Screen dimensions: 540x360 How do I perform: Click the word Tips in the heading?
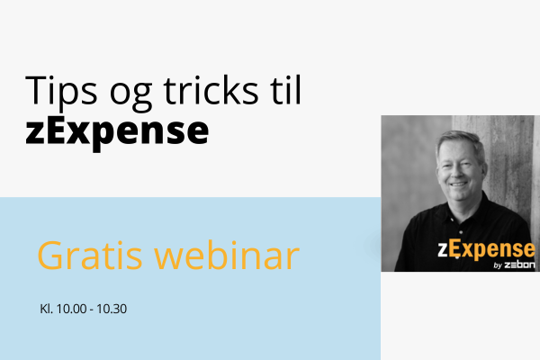pyautogui.click(x=61, y=91)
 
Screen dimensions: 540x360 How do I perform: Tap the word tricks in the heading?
pyautogui.click(x=211, y=90)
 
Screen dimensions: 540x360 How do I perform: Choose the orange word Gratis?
pyautogui.click(x=89, y=256)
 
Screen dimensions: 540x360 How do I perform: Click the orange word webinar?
pyautogui.click(x=227, y=255)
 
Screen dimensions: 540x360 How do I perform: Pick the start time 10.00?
pyautogui.click(x=72, y=309)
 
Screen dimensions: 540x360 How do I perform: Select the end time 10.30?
pyautogui.click(x=112, y=309)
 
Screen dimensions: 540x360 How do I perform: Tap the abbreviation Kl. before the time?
pyautogui.click(x=47, y=309)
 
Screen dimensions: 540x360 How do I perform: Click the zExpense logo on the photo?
pyautogui.click(x=486, y=250)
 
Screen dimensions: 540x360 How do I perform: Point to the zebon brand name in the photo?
pyautogui.click(x=519, y=265)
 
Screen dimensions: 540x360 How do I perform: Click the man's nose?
pyautogui.click(x=458, y=174)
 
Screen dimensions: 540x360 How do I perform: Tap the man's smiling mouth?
pyautogui.click(x=459, y=184)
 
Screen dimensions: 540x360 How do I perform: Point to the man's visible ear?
pyautogui.click(x=484, y=170)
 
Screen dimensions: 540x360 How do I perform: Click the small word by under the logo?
pyautogui.click(x=498, y=265)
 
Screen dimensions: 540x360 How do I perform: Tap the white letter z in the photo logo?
pyautogui.click(x=443, y=250)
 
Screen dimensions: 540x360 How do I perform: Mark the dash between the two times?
pyautogui.click(x=92, y=310)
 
